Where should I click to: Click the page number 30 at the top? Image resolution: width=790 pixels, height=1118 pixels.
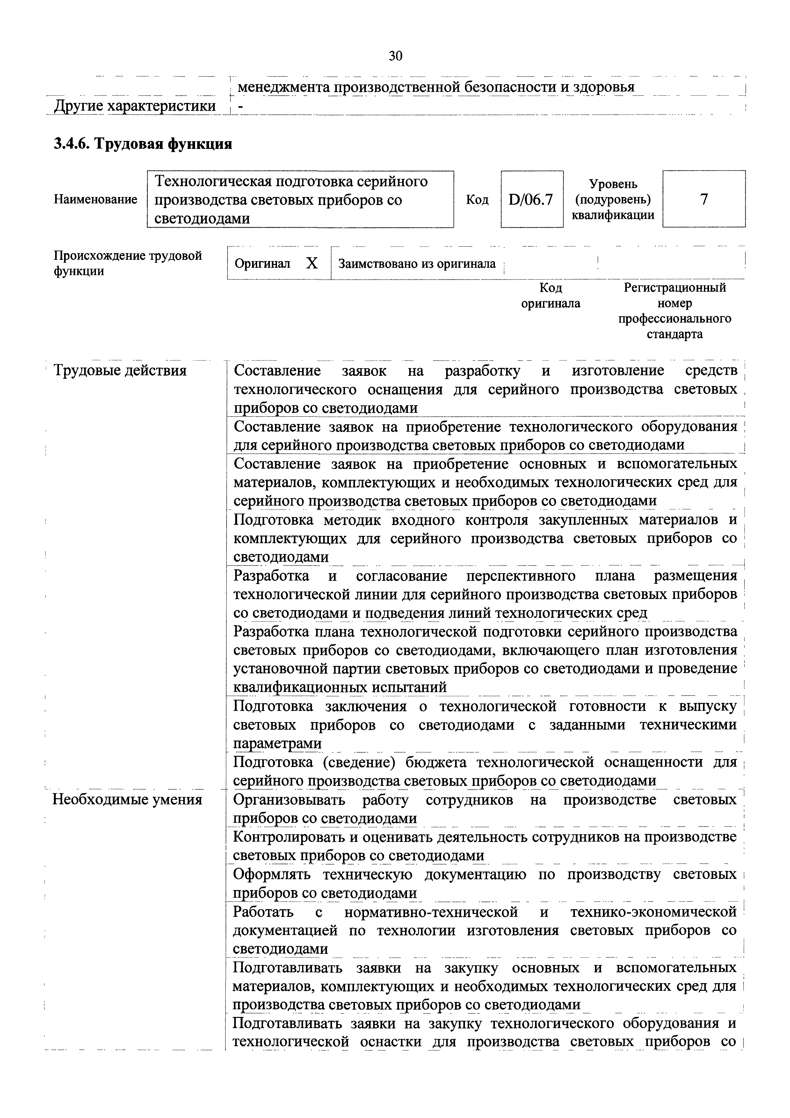(x=395, y=56)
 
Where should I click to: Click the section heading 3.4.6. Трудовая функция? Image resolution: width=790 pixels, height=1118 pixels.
(x=143, y=144)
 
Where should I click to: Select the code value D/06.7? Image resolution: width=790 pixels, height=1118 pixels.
(x=531, y=199)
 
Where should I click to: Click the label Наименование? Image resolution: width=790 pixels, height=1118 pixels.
(x=95, y=199)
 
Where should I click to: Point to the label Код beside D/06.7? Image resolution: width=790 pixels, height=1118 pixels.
(x=477, y=200)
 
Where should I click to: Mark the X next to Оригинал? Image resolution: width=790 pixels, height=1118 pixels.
(x=312, y=263)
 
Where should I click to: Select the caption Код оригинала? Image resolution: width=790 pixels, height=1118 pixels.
(x=551, y=296)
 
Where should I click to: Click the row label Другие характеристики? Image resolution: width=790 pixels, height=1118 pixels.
(x=135, y=106)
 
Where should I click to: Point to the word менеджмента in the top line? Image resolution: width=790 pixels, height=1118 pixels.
(x=283, y=87)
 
